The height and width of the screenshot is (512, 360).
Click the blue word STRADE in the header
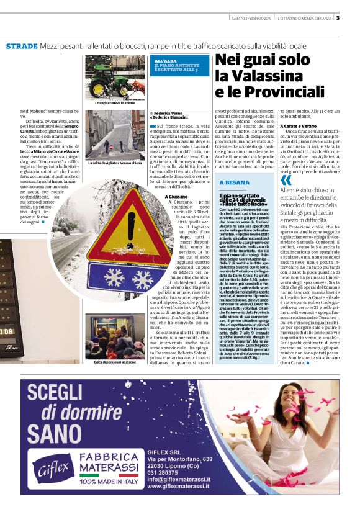pos(22,47)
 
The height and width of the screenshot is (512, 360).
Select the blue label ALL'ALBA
pos(166,60)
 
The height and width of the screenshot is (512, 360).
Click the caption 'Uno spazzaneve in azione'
pos(115,103)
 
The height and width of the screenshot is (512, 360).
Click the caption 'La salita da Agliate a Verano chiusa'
pos(115,163)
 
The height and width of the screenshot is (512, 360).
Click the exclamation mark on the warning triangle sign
pos(111,228)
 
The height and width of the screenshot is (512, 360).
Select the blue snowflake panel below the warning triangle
pos(114,278)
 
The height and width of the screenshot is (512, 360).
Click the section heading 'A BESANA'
pos(236,182)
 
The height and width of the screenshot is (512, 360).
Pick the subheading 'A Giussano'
pos(176,197)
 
